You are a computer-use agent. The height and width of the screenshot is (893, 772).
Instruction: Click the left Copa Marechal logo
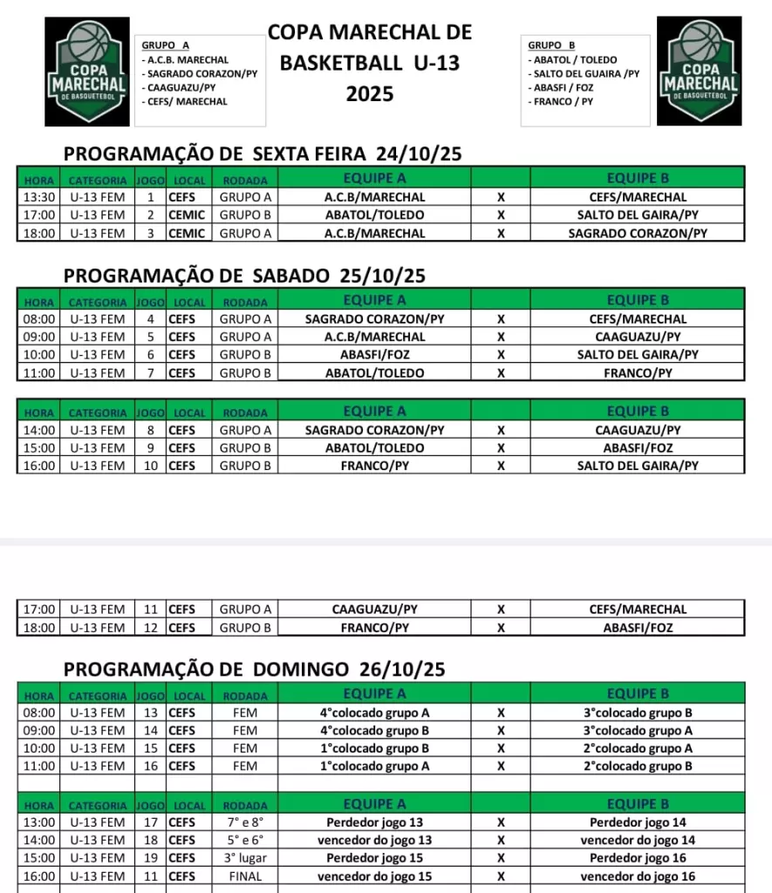click(87, 72)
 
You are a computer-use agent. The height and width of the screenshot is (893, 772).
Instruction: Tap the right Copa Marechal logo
click(699, 72)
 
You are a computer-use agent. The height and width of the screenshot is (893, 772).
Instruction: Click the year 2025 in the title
click(370, 94)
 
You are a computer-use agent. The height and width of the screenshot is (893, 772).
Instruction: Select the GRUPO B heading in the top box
click(551, 45)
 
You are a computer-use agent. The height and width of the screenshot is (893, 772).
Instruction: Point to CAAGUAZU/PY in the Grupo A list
click(181, 88)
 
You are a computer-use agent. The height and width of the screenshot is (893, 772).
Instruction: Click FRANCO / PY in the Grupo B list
click(564, 102)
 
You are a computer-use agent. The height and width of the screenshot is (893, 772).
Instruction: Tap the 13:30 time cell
click(39, 197)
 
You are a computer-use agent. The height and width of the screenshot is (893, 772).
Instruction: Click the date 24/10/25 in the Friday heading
click(419, 154)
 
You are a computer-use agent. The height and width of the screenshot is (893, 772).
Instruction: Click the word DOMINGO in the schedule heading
click(303, 669)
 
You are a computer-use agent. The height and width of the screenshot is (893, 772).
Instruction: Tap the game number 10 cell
click(150, 466)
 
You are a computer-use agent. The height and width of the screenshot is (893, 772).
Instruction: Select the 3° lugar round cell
click(245, 858)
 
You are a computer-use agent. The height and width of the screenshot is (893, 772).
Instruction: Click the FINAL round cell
click(245, 876)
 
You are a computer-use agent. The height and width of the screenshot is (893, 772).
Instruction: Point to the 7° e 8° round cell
click(245, 822)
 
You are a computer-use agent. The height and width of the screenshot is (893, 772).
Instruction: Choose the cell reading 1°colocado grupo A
click(374, 767)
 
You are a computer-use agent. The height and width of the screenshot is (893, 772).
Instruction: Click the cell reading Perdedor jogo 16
click(638, 858)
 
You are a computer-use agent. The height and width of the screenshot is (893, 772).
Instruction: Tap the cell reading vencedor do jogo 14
click(638, 841)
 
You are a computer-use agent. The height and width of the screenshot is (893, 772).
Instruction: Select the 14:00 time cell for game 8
click(39, 430)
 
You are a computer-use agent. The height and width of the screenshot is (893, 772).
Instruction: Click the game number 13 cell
click(150, 712)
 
